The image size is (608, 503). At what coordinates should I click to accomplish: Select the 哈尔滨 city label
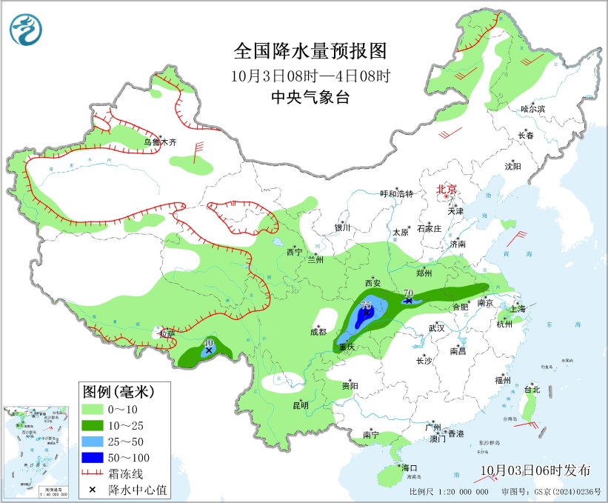[x=532, y=109]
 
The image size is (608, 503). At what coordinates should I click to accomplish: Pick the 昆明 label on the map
[x=301, y=405]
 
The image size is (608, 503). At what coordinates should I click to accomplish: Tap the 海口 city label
[x=410, y=468]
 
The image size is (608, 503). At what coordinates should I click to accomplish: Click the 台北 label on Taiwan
[x=532, y=390]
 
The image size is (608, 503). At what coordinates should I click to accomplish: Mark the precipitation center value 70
[x=409, y=293]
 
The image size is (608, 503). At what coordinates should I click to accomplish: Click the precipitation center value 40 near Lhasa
[x=209, y=343]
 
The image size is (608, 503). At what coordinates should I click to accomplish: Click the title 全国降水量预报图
[x=310, y=51]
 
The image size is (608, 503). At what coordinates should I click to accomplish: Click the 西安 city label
[x=373, y=283]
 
